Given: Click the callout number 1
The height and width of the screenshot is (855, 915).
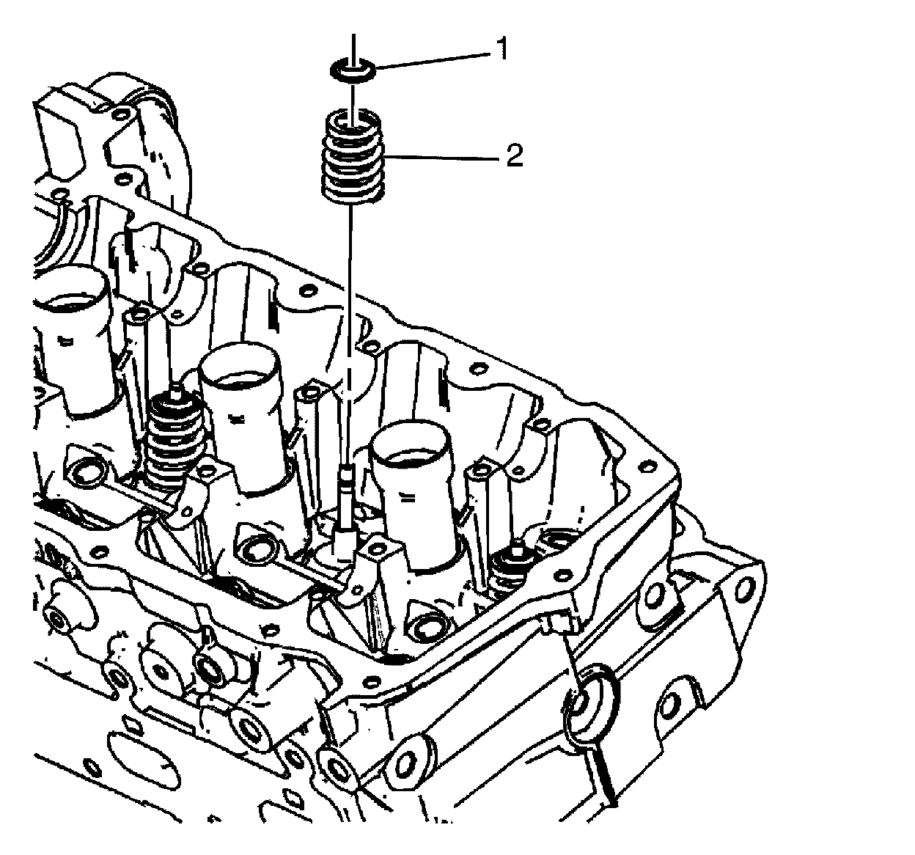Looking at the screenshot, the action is point(501,50).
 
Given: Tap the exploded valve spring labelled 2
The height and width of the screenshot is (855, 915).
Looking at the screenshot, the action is point(353,155).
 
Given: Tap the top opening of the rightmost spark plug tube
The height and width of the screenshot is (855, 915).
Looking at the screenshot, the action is point(413,447).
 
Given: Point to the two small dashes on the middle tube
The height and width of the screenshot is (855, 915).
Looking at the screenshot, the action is point(236,421).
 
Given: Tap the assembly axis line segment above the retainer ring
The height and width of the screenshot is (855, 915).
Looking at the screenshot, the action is point(353,45).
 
